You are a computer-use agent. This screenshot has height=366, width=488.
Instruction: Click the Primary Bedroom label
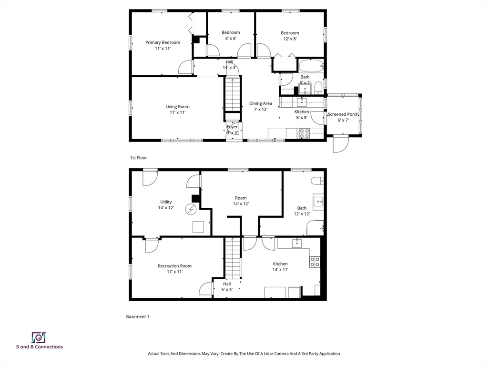coord(163,42)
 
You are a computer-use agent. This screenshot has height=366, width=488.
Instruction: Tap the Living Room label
coord(177,106)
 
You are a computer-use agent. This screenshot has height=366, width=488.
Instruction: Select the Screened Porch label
coord(343,114)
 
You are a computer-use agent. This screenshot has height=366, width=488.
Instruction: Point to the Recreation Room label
coord(174,266)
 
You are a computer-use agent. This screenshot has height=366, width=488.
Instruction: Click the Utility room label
coord(166,202)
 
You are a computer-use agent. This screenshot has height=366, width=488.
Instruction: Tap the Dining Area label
coord(261,103)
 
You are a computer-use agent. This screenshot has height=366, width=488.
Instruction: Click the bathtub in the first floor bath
coord(312,66)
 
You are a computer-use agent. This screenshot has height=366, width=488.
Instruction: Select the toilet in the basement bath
coord(317,181)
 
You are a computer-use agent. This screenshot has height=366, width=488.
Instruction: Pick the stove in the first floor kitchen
coord(305,133)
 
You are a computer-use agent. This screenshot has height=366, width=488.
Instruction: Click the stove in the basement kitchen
coord(315,262)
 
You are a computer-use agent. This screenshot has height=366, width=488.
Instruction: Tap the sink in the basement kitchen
coord(296,243)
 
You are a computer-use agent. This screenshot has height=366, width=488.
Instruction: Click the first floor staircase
coord(233,94)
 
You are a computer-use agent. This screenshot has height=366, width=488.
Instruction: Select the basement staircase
coord(233,258)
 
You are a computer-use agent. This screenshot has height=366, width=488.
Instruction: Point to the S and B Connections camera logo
coord(39,337)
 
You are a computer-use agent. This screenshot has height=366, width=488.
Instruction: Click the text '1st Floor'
coord(139,158)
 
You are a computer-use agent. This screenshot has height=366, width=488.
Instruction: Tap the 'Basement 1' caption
coord(138,316)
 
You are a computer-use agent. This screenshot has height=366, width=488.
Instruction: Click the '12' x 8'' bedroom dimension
coord(290,39)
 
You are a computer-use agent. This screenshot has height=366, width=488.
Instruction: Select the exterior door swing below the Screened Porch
coord(341,144)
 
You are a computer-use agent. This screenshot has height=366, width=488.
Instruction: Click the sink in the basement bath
coord(318,202)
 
